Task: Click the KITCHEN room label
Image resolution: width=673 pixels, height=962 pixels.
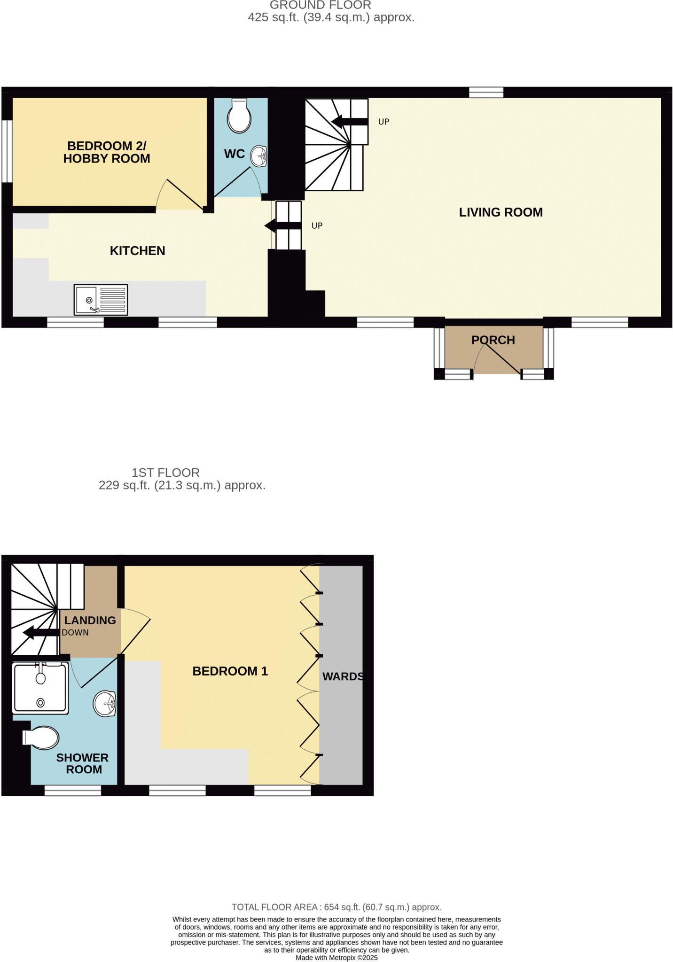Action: coord(137,251)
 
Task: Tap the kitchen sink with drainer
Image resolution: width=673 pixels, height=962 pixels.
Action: coord(101,300)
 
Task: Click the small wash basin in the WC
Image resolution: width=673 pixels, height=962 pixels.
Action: coord(259,155)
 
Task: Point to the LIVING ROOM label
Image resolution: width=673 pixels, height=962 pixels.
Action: coord(501,212)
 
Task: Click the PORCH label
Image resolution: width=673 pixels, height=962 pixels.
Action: coord(493,340)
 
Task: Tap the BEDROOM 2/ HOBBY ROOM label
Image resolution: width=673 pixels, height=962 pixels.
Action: coord(107,152)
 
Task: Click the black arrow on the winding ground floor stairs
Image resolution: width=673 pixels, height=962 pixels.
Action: coord(349,122)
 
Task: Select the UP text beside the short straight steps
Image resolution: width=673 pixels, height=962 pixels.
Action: coord(317,226)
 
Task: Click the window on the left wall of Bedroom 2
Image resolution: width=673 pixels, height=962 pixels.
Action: coord(7,151)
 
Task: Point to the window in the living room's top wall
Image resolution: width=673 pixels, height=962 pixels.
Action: coord(486,92)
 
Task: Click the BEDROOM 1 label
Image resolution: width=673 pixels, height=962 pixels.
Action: coord(230,671)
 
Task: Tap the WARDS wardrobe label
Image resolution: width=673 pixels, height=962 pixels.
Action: coord(343,676)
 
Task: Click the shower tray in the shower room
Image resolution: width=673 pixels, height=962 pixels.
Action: coord(41,688)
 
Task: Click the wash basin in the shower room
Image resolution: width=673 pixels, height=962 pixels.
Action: coord(105,704)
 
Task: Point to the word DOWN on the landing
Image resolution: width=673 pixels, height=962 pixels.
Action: coord(75,632)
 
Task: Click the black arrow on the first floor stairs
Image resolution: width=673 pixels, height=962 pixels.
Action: coord(40,632)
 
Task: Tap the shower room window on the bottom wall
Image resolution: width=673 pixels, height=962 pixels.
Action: coord(73,791)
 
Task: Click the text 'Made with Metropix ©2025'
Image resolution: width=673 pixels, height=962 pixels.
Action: coord(336,957)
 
